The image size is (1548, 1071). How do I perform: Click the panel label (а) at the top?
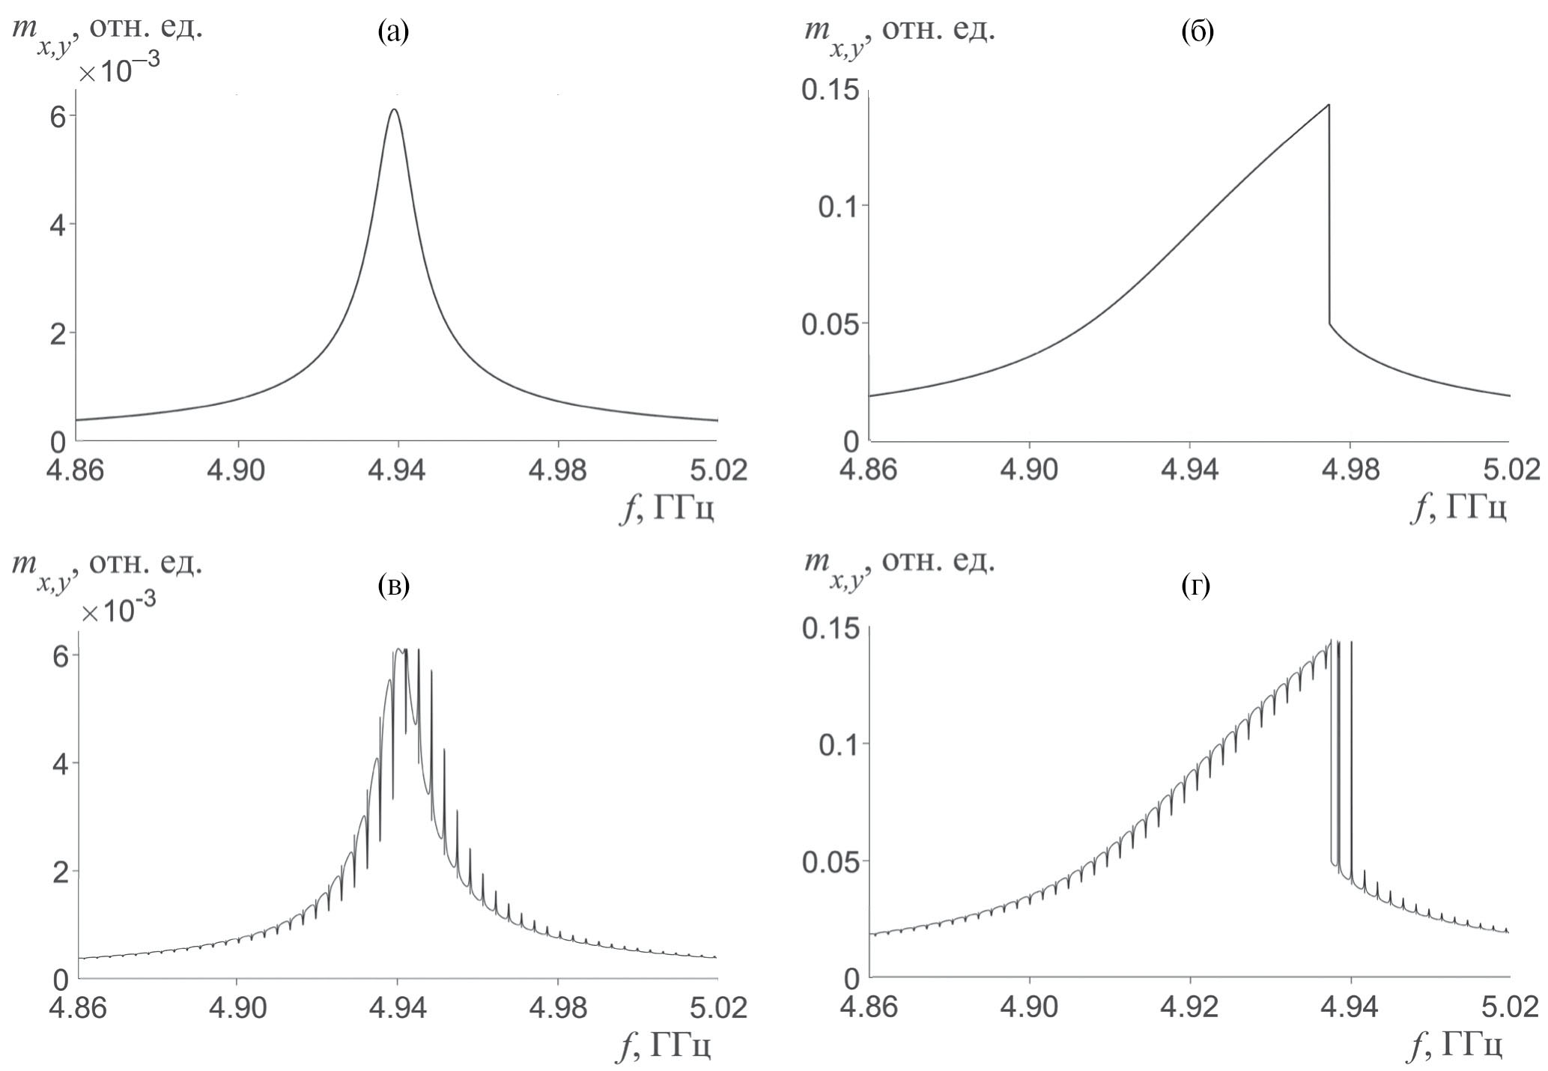(394, 32)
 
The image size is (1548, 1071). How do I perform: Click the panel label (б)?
(1196, 32)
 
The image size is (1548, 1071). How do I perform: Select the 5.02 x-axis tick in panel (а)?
(718, 471)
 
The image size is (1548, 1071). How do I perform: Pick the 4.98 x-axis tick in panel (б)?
(1350, 471)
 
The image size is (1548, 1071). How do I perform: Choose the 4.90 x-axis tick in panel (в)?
(237, 1008)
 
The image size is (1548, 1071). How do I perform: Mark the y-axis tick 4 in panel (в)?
(58, 764)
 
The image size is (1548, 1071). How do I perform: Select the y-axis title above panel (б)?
(899, 34)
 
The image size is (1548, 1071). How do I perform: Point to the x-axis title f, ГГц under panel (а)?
(667, 510)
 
